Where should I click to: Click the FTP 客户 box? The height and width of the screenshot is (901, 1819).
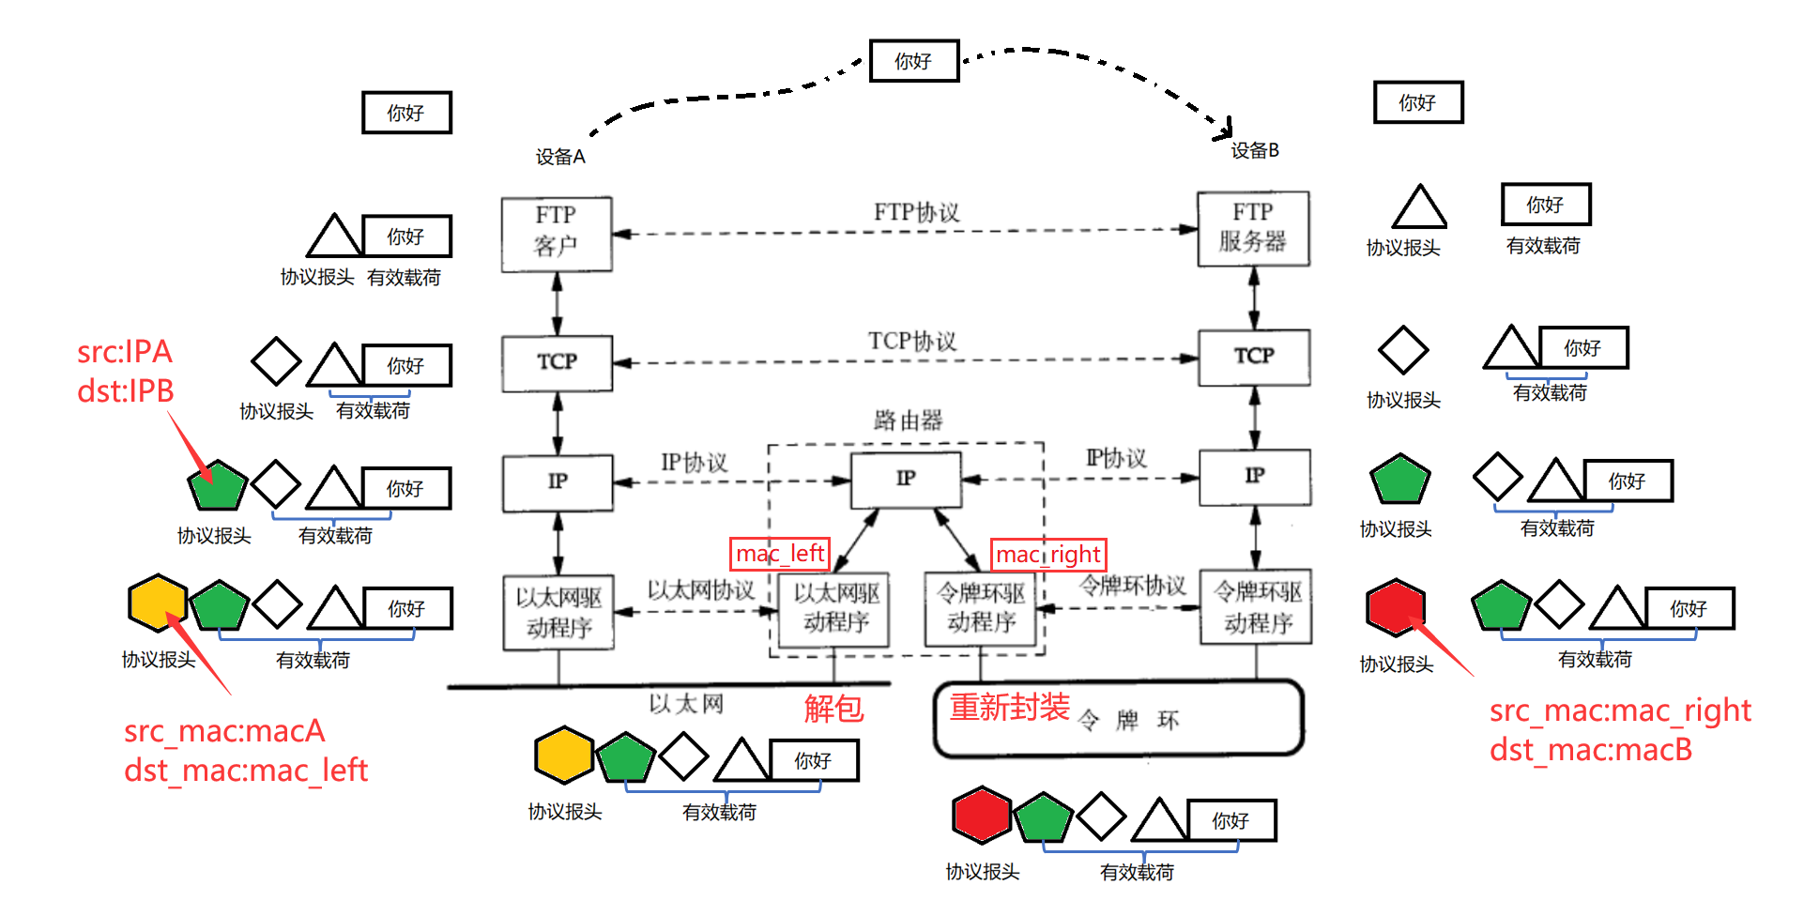click(x=556, y=234)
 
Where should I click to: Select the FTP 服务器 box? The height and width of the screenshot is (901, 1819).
click(x=1252, y=229)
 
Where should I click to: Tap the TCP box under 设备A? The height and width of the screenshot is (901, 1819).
click(x=557, y=362)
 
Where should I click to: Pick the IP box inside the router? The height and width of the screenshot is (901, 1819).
click(x=905, y=480)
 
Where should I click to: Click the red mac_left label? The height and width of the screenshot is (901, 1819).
click(x=780, y=554)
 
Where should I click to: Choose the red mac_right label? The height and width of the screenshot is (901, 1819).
click(x=1048, y=555)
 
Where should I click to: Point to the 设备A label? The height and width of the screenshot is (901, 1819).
click(x=560, y=157)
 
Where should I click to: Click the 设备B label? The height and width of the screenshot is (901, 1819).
click(x=1255, y=150)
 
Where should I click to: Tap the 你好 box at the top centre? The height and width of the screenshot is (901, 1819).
click(x=913, y=61)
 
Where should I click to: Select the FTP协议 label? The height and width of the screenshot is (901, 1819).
click(x=916, y=212)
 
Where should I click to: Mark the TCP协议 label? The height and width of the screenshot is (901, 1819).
click(x=911, y=341)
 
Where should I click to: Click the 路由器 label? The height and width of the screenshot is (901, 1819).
click(x=908, y=420)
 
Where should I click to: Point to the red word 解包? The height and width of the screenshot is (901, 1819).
click(x=833, y=709)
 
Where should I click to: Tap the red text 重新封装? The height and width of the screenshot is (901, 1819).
click(x=1009, y=707)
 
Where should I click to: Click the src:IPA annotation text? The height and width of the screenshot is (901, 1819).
click(x=125, y=352)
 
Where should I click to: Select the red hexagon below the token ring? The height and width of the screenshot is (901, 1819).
click(x=981, y=815)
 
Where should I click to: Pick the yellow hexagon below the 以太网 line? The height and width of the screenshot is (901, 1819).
click(x=563, y=755)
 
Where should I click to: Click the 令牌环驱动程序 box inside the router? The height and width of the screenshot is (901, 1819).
click(x=981, y=608)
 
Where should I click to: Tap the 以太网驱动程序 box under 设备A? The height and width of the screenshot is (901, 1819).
click(x=558, y=612)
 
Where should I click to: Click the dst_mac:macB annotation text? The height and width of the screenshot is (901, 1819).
click(x=1591, y=750)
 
